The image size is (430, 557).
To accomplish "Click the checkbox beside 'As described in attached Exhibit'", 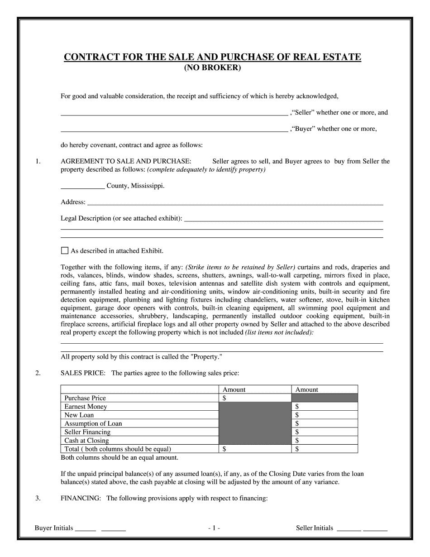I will [64, 250].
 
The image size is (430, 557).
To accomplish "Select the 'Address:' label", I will [73, 202].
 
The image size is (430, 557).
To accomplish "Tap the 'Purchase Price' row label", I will [85, 398].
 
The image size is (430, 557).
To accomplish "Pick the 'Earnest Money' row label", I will [86, 407].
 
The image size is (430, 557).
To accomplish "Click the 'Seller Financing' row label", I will [87, 432].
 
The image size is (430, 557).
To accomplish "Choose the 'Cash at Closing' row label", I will [86, 441].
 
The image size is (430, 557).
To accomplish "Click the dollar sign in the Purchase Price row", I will [225, 398].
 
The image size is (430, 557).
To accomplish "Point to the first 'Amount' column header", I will [234, 389].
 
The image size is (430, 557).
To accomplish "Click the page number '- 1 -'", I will [214, 528].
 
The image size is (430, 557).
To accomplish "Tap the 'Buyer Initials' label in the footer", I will [54, 528].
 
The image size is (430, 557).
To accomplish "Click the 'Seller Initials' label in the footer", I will [315, 528].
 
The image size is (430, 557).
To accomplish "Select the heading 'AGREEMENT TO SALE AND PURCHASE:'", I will [126, 161].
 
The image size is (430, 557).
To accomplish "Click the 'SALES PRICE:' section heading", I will [83, 373].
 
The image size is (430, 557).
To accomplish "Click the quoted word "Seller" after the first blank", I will [303, 113].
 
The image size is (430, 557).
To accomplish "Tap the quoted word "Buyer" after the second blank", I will [303, 129].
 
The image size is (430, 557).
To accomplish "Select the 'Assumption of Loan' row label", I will [93, 423].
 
